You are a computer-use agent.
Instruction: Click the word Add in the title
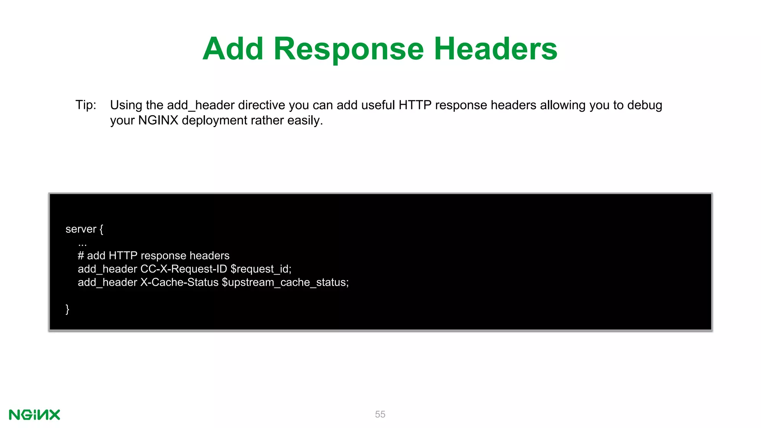pos(233,49)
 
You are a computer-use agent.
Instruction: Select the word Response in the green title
pos(349,49)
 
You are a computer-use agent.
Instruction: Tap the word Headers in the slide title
pos(495,49)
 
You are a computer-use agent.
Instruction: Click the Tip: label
pos(86,105)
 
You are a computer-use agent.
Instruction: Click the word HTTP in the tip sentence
pos(415,105)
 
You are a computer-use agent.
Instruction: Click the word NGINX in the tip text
pos(158,120)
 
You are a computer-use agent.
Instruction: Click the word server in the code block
pos(81,229)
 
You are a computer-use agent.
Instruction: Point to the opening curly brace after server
pos(101,229)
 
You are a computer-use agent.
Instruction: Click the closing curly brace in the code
pos(67,309)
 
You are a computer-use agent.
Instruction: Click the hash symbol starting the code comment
pos(81,256)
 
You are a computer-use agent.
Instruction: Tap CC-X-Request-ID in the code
pos(184,269)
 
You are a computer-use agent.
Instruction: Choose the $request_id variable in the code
pos(260,269)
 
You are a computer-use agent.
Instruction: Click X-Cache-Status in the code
pos(179,282)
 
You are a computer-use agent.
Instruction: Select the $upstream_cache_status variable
pos(285,282)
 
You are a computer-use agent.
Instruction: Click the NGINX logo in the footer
pos(35,415)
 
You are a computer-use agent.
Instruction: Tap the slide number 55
pos(380,414)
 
